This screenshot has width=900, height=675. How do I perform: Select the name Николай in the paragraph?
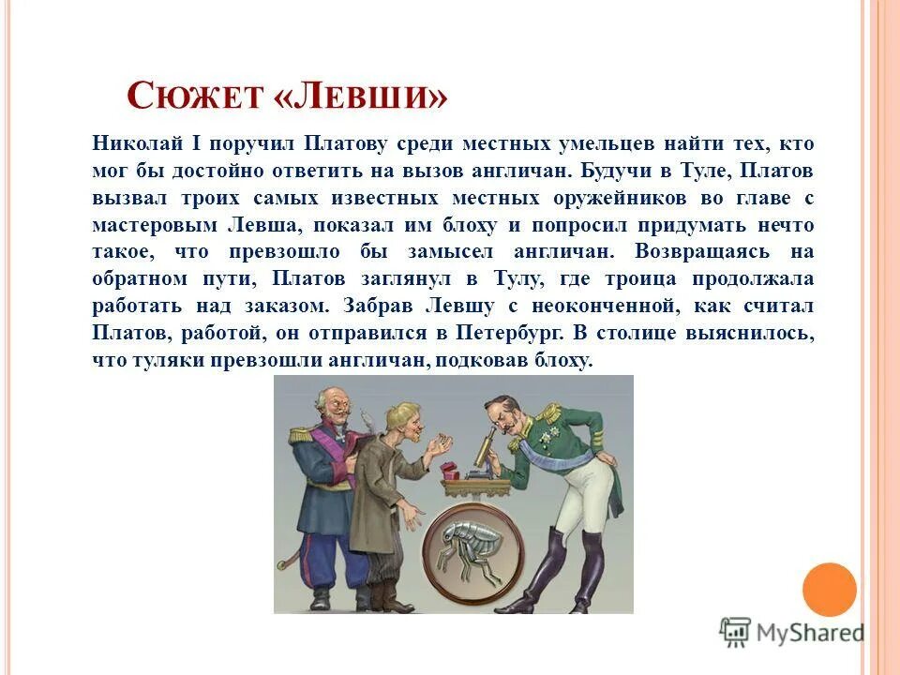[x=134, y=143]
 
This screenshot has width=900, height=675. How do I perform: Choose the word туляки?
[x=160, y=360]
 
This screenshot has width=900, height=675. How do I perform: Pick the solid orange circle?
[x=829, y=590]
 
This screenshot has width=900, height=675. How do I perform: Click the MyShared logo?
[x=792, y=633]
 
